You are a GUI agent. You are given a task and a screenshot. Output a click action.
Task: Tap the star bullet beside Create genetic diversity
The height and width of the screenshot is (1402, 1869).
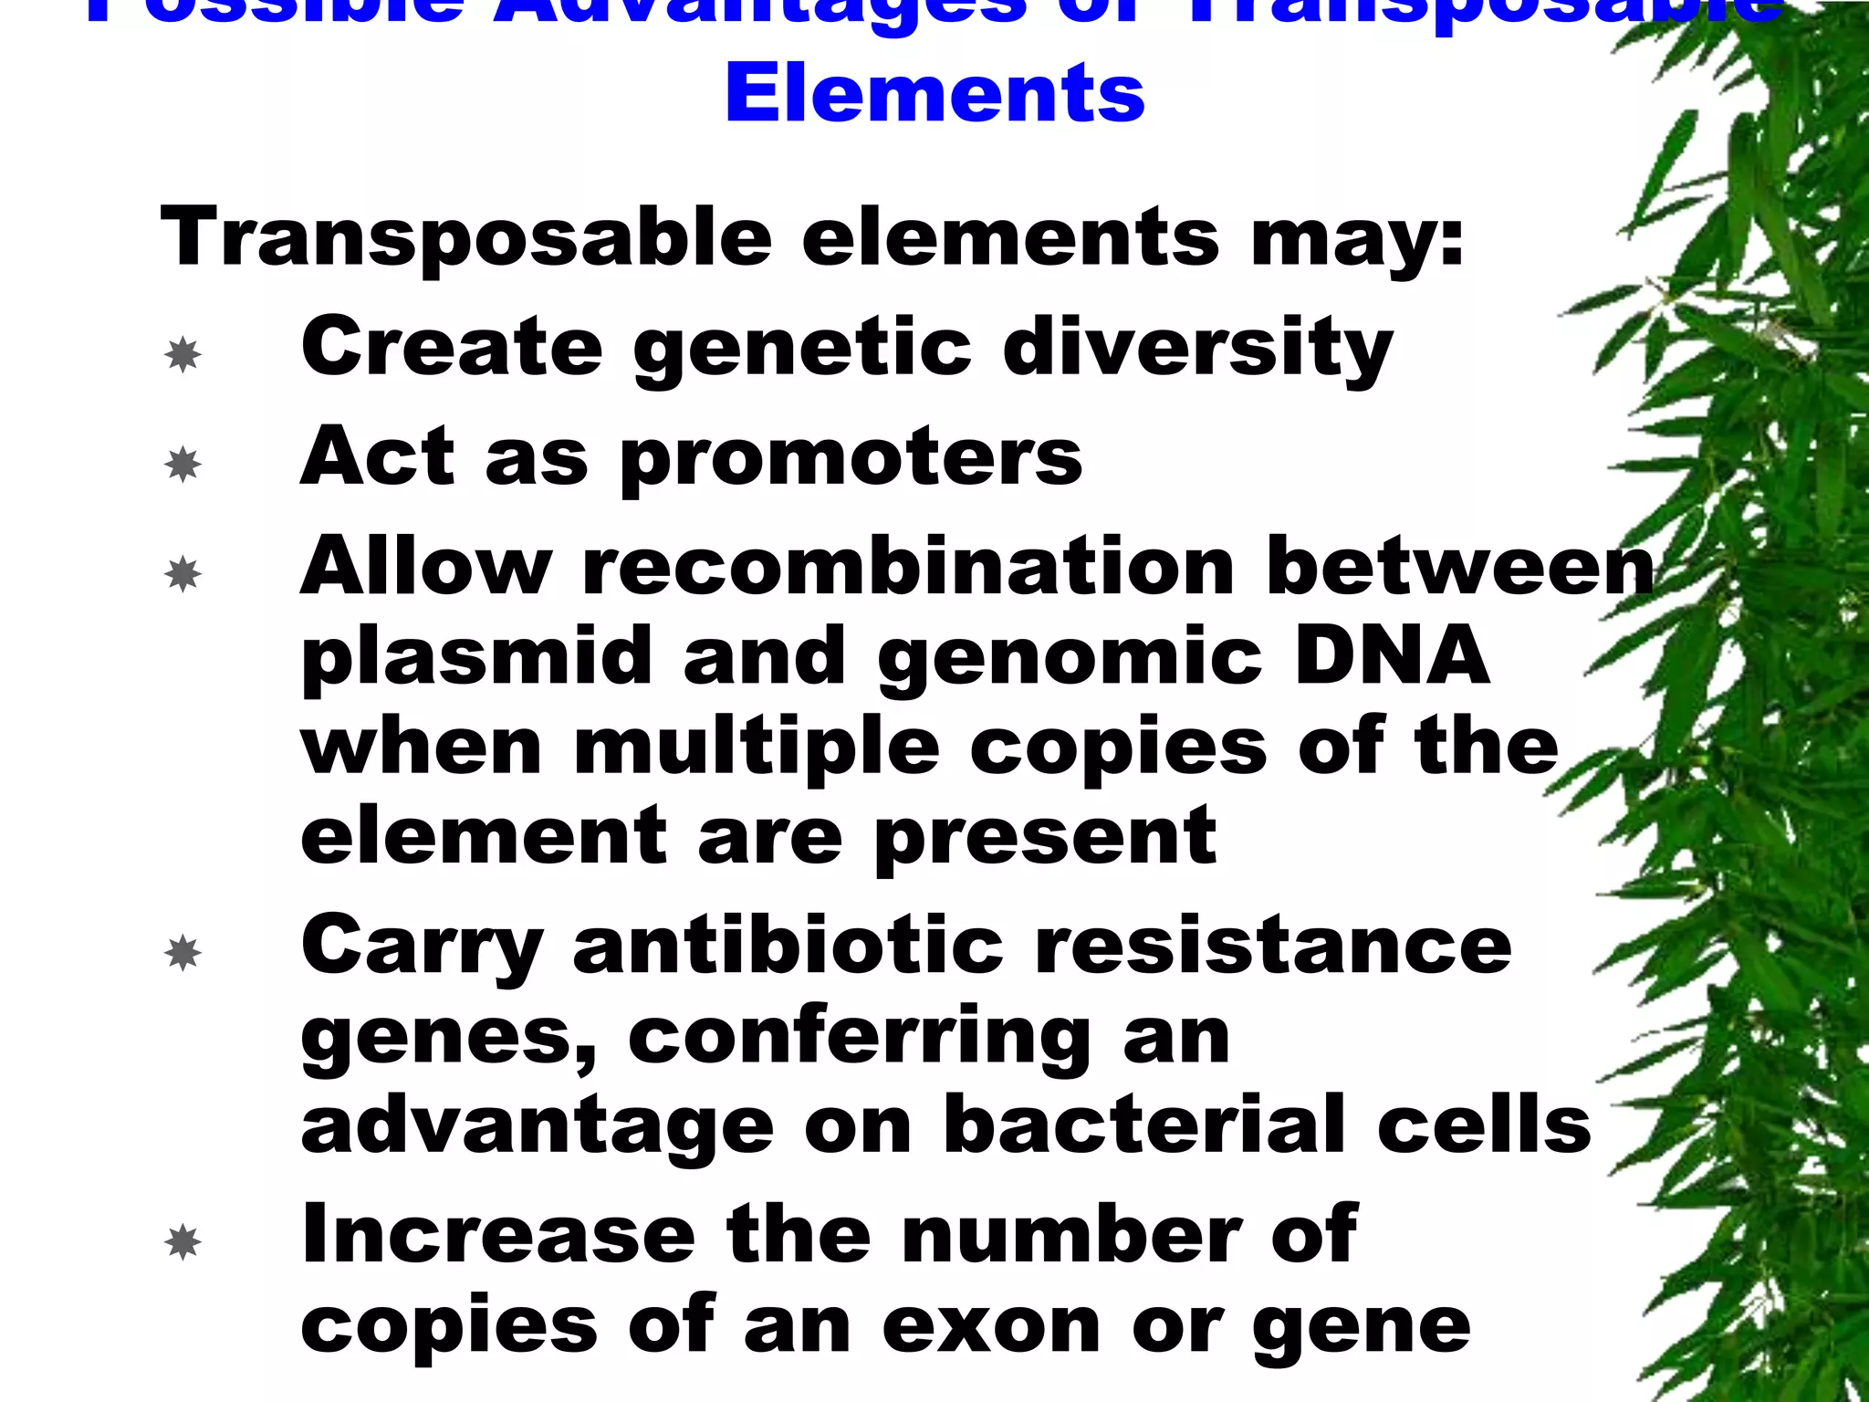(x=183, y=354)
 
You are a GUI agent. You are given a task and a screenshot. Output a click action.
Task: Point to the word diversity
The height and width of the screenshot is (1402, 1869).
(x=1197, y=349)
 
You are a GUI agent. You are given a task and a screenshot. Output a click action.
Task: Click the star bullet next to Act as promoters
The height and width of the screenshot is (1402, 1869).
(x=183, y=465)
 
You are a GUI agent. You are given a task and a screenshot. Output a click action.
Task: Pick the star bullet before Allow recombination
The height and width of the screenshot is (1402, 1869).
(x=183, y=574)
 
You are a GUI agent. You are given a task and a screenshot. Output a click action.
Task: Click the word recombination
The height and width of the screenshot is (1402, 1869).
(x=908, y=567)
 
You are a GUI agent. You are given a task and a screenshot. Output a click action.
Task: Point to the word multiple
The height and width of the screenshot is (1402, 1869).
(x=757, y=748)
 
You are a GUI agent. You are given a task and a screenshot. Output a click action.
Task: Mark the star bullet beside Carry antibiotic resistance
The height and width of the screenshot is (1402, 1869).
(x=183, y=953)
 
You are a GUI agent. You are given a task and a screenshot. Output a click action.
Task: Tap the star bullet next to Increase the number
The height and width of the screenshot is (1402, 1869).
(x=183, y=1242)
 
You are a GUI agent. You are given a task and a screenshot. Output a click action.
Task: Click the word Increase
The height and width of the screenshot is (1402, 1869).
(x=498, y=1234)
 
